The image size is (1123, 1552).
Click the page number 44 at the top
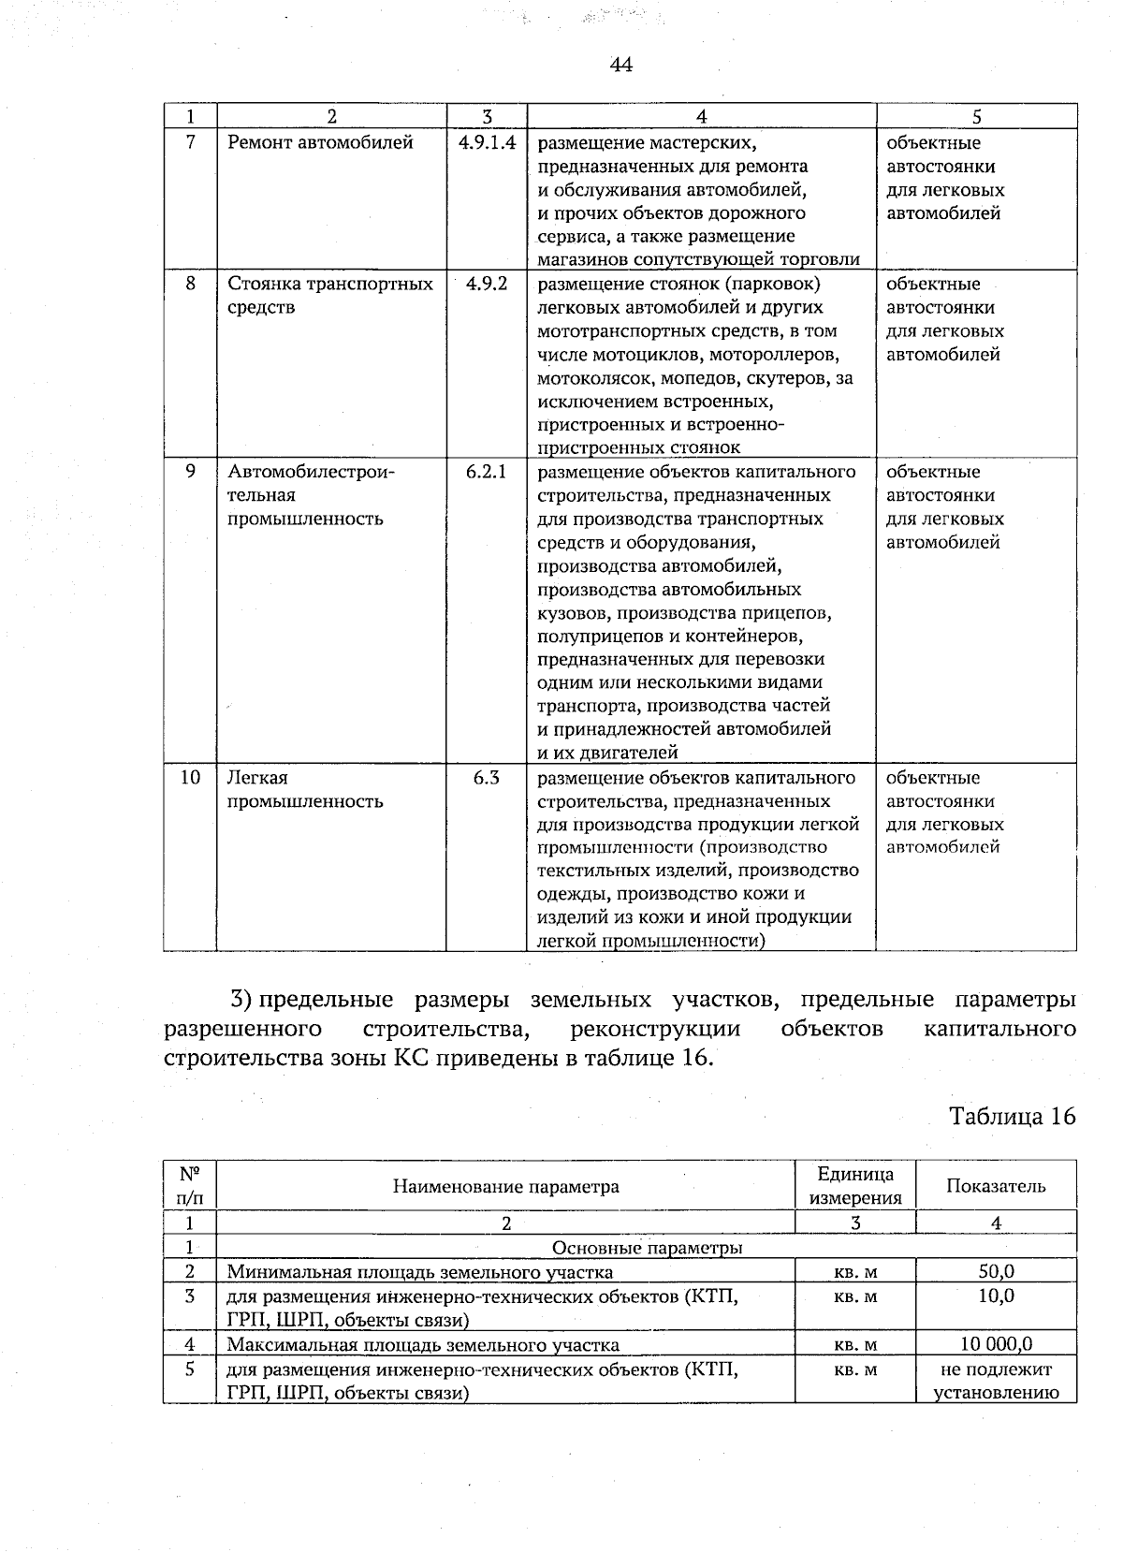coord(620,65)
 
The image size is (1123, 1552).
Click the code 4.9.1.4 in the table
coord(488,143)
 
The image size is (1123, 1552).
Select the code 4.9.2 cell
coord(487,284)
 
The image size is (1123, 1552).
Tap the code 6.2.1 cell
coord(487,472)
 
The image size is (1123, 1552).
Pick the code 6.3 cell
coord(487,778)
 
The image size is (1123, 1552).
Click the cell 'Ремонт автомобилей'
coord(320,143)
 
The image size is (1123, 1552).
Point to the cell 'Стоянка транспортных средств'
coord(330,295)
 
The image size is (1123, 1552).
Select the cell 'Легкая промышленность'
coord(305,789)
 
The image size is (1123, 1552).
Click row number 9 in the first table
coord(190,472)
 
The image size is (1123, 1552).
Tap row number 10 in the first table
coord(190,778)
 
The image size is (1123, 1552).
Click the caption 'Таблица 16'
coord(1012,1116)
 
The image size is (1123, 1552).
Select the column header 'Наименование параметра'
coord(505,1187)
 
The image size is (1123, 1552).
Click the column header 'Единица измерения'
coord(854,1186)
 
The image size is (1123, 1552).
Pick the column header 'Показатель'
coord(996,1186)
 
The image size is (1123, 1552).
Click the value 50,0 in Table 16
coord(996,1271)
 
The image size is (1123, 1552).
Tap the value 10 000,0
coord(996,1345)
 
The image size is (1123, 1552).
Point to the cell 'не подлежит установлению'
coord(996,1381)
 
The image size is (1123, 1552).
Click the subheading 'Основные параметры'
coord(648,1248)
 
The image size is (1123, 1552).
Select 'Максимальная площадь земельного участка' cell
coord(423,1345)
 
